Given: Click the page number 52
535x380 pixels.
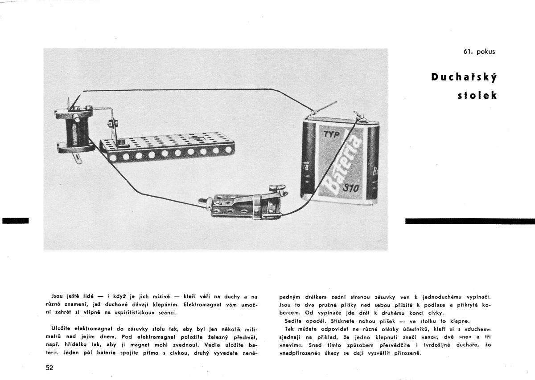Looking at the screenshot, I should click(49, 368).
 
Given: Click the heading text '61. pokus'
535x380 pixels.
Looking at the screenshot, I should click(479, 52).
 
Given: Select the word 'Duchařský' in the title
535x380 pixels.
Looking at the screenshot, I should click(464, 77).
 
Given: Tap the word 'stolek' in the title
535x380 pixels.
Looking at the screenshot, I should click(477, 95).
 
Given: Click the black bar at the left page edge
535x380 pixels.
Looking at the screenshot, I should click(15, 220).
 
